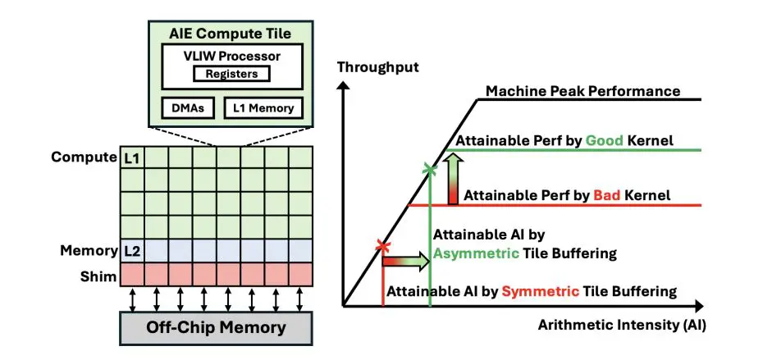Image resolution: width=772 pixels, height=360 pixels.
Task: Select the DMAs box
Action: point(188,107)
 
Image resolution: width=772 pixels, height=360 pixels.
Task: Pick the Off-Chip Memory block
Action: point(216,328)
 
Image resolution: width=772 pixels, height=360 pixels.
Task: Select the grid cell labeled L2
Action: point(133,250)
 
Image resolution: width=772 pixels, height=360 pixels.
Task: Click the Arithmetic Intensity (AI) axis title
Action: point(622,325)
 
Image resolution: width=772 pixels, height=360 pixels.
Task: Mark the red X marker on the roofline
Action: point(381,245)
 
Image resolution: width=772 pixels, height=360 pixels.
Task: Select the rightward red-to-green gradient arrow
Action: point(406,262)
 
